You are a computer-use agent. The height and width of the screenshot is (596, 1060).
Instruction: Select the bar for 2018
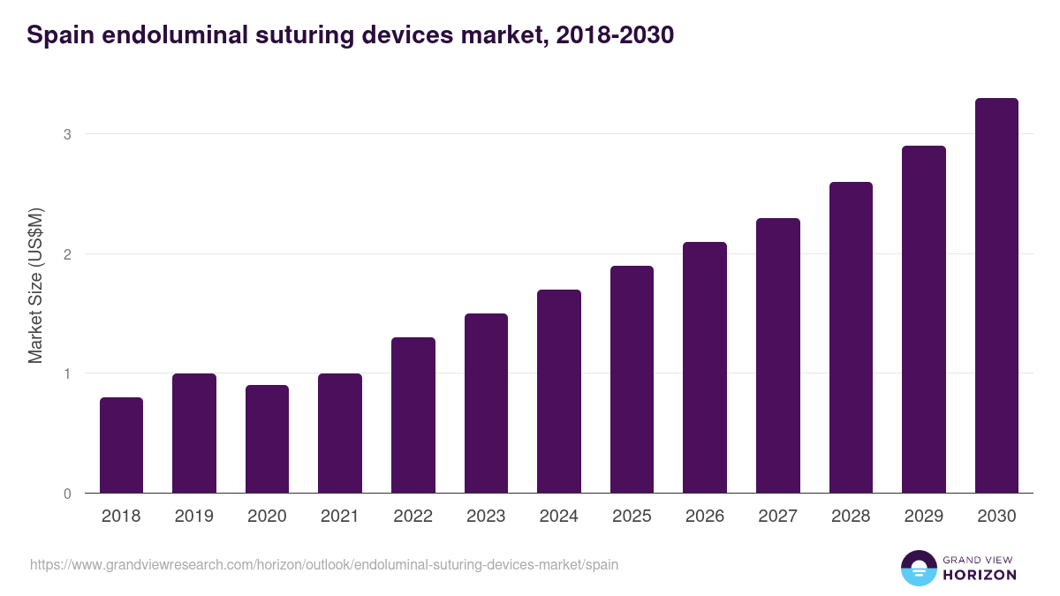tap(121, 445)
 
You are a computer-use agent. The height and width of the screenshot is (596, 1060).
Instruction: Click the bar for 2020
tap(267, 439)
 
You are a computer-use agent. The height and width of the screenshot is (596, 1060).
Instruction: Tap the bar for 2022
tap(413, 415)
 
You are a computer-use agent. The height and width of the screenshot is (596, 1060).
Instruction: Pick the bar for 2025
tap(632, 379)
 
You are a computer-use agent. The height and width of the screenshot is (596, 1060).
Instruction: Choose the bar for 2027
tap(777, 355)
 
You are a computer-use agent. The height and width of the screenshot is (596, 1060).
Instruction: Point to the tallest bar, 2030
tap(996, 295)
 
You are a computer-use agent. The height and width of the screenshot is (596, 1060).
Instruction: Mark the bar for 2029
tap(923, 319)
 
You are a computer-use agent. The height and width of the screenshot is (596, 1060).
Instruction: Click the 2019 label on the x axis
tap(193, 517)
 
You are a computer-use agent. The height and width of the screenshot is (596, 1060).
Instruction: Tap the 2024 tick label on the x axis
tap(558, 517)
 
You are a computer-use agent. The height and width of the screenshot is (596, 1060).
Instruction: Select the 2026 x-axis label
tap(704, 517)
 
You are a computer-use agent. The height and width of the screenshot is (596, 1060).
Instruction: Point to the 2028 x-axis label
tap(850, 517)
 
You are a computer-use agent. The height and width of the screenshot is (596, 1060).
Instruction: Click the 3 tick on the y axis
tap(66, 134)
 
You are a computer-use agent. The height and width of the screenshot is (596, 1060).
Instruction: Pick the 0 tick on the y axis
tap(66, 494)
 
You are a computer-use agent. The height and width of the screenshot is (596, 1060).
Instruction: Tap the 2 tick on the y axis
tap(66, 254)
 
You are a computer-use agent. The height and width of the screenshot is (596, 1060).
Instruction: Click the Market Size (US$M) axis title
tap(35, 285)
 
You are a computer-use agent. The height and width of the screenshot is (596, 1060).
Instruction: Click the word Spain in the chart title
tap(57, 35)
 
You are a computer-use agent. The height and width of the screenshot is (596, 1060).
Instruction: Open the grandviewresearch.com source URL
tap(323, 564)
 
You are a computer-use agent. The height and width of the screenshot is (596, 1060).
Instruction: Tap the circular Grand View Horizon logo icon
tap(918, 568)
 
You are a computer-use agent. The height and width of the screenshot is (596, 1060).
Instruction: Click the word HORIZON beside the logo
tap(980, 575)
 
